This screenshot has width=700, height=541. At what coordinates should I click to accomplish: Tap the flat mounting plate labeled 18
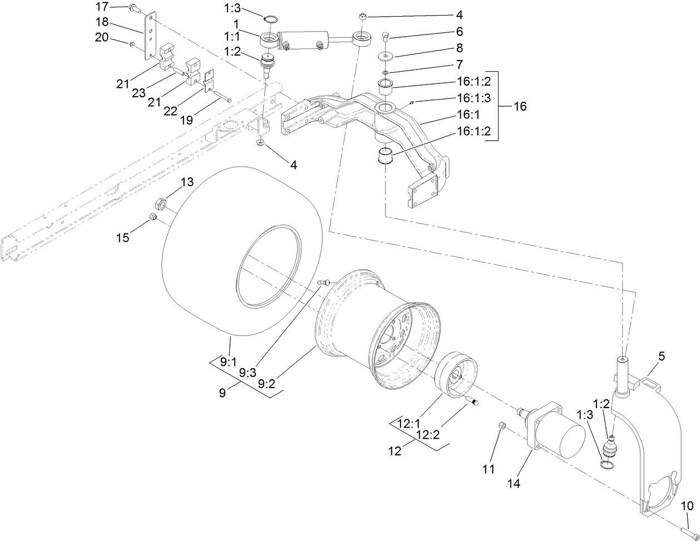click(x=150, y=37)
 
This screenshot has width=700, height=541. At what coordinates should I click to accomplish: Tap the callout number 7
click(x=459, y=66)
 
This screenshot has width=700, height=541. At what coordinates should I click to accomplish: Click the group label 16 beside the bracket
click(x=519, y=106)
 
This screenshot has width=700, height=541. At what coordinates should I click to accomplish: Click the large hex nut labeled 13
click(x=157, y=202)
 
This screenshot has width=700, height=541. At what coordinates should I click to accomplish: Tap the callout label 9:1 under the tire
click(x=228, y=361)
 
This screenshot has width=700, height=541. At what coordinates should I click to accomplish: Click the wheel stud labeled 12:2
click(x=474, y=403)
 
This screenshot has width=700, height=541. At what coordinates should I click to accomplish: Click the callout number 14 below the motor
click(x=514, y=484)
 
